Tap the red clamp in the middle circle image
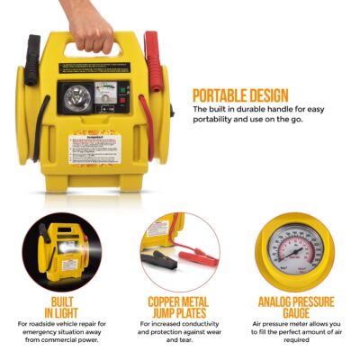click(200, 259)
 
